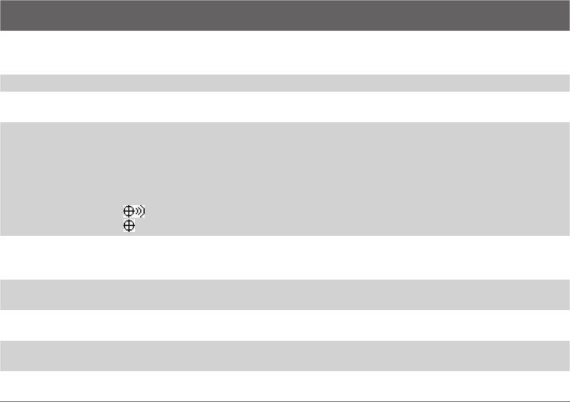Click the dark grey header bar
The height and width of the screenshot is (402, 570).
(285, 16)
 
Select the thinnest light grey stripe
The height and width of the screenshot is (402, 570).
(285, 83)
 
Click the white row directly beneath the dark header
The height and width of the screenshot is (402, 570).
(285, 53)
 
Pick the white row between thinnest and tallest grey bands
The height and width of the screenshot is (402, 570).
(285, 107)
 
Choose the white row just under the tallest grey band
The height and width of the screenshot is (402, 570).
(285, 257)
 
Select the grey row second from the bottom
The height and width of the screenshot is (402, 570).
(285, 294)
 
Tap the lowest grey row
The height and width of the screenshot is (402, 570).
(285, 356)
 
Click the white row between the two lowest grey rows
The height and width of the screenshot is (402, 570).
(285, 325)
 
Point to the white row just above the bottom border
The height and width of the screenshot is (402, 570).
(285, 386)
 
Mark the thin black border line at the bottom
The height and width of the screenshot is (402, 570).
(285, 400)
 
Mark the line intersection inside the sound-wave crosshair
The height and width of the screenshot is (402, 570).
(127, 212)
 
